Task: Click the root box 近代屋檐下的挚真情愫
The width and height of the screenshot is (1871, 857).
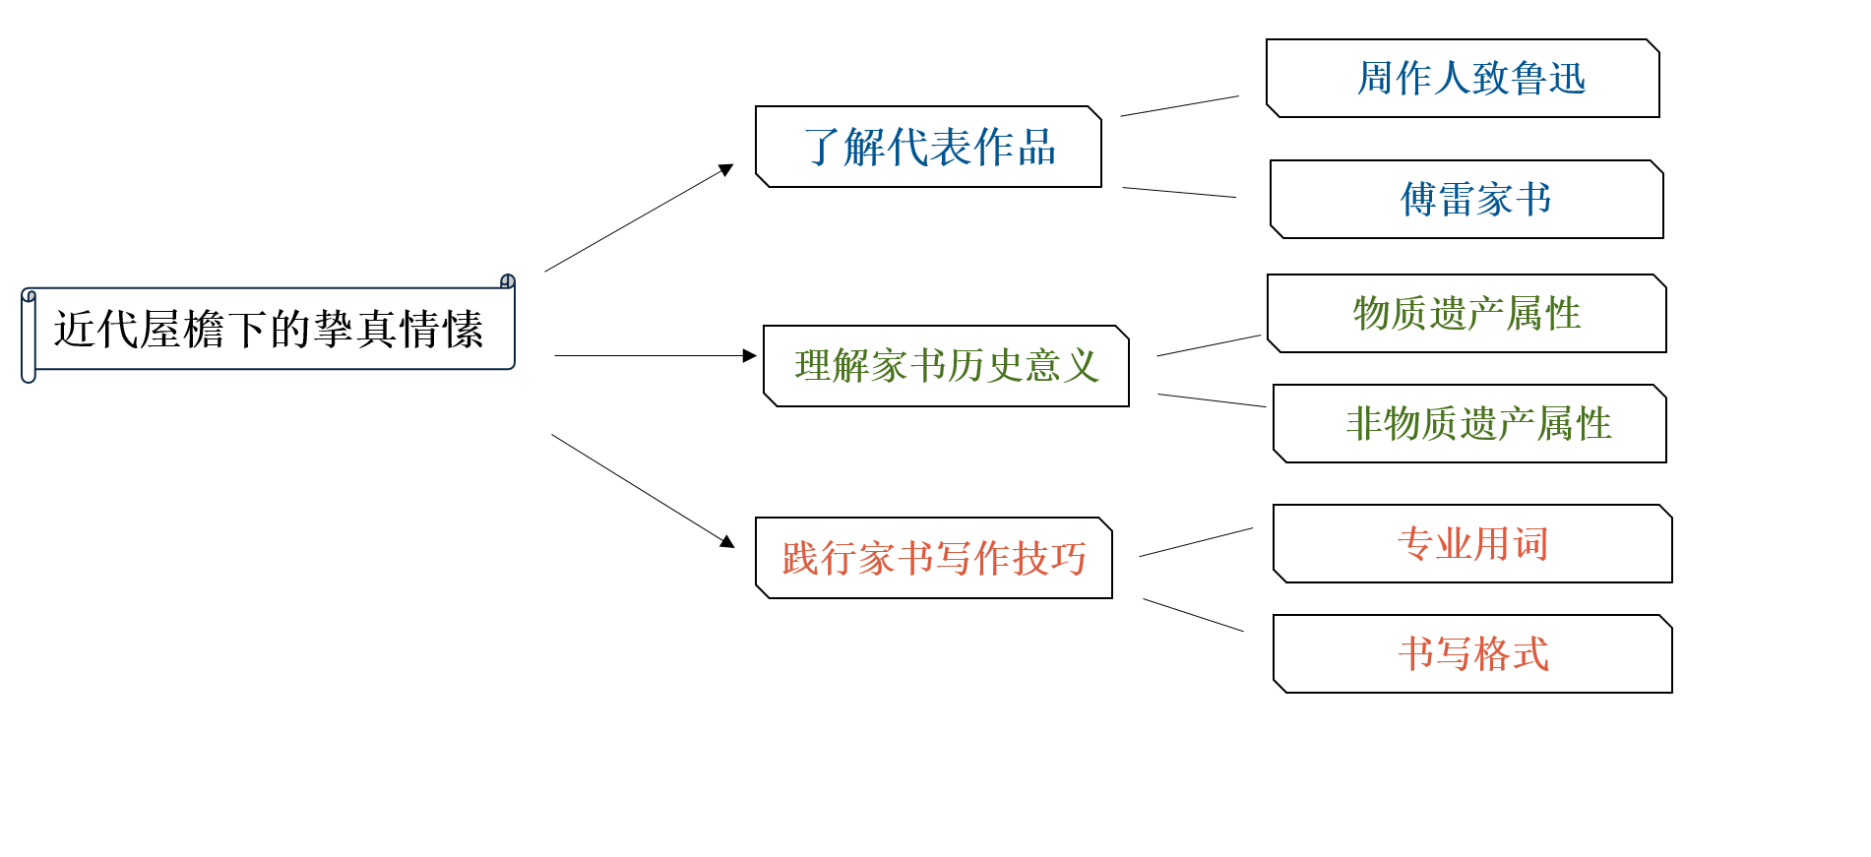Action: click(x=268, y=329)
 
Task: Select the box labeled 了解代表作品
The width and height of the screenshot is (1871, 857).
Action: click(x=928, y=147)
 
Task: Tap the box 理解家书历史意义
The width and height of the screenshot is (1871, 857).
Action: click(x=946, y=366)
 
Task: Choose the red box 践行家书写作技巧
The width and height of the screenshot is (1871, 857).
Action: click(x=934, y=558)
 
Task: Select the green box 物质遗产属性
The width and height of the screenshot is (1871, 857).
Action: click(x=1466, y=314)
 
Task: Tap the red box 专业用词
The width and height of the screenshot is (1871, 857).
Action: click(x=1472, y=544)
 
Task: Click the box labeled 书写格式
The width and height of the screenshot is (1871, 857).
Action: click(x=1472, y=654)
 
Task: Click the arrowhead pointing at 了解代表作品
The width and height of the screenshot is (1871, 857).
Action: click(x=726, y=170)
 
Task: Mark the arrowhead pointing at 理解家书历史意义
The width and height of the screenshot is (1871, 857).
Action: click(x=750, y=356)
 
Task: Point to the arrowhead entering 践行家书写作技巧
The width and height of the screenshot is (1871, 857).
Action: click(x=727, y=541)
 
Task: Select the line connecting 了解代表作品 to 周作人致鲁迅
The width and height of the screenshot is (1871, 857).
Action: click(x=1179, y=106)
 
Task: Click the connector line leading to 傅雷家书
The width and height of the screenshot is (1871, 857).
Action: click(x=1179, y=193)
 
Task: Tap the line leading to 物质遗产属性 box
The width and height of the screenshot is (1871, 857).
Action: click(x=1209, y=345)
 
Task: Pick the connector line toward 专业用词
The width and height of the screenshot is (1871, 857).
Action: click(x=1196, y=542)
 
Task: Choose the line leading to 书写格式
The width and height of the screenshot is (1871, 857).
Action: click(x=1193, y=615)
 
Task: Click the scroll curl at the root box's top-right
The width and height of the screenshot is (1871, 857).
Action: click(x=508, y=281)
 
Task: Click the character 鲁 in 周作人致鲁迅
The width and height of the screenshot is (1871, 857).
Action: click(x=1528, y=79)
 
